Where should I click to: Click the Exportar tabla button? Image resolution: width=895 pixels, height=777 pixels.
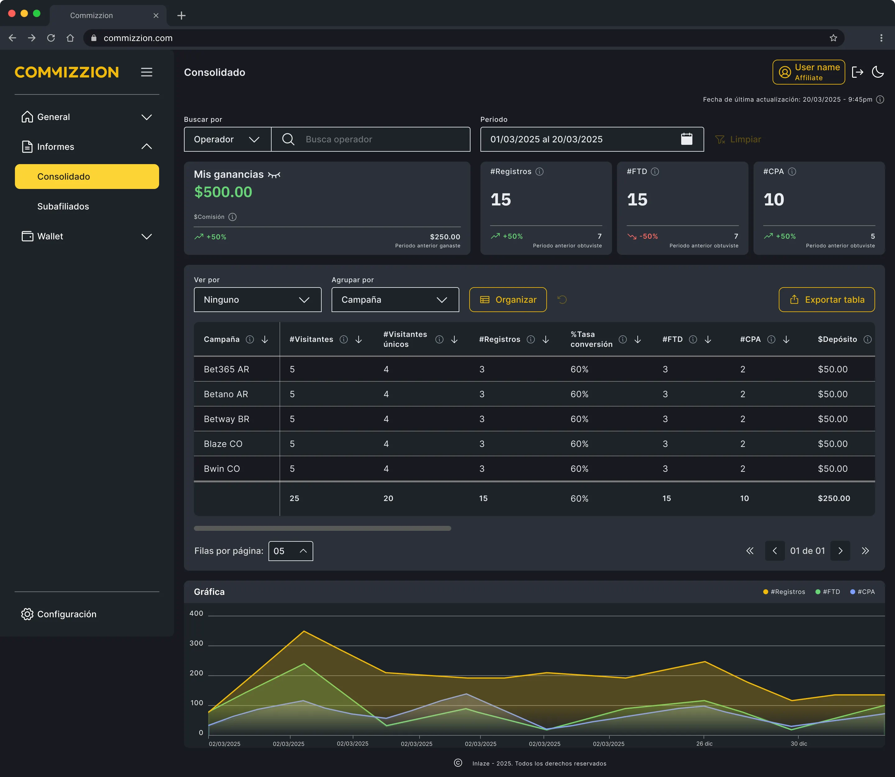(827, 300)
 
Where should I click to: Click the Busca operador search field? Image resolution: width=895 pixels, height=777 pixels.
(371, 139)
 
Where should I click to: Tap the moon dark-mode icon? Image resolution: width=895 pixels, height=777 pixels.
(878, 72)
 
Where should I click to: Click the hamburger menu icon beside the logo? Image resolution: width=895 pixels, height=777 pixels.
(147, 72)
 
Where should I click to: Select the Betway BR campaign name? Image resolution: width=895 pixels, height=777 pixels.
(226, 419)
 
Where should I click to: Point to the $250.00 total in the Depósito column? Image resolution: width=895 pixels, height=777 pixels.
(834, 498)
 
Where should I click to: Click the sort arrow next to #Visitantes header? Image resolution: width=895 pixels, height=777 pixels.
(359, 339)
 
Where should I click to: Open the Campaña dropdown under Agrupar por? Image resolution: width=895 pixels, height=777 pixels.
(395, 300)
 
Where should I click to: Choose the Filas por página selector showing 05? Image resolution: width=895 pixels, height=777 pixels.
(291, 551)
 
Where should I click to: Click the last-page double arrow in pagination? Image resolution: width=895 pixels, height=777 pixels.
(865, 551)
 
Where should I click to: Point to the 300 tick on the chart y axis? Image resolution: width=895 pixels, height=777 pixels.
(196, 643)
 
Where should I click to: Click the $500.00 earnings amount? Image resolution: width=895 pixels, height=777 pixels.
(223, 192)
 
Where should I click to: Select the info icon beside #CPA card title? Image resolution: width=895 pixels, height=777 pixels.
(792, 172)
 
